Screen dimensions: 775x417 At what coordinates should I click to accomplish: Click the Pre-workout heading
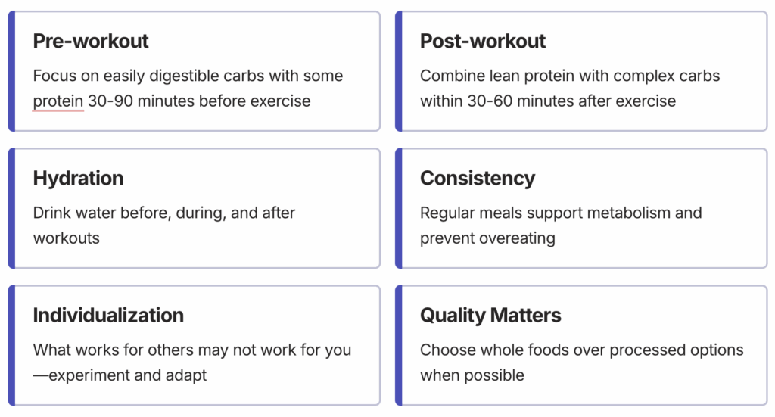91,41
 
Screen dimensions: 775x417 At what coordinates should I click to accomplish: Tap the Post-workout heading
482,41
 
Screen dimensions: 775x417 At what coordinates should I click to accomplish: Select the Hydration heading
78,179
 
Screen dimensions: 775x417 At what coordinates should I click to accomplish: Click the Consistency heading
478,179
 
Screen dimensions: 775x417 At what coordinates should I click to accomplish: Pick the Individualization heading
108,316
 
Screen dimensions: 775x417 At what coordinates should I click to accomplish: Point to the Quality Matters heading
490,316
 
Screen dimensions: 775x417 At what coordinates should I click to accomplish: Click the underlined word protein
58,101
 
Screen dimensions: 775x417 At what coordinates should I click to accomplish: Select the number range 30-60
490,101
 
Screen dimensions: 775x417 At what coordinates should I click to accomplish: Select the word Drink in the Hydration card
50,213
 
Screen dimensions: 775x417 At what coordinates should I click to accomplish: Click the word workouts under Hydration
67,238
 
